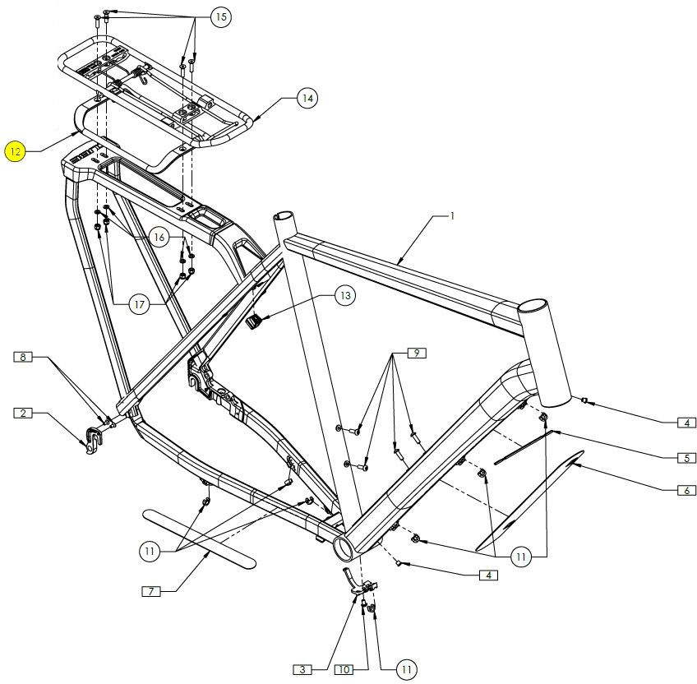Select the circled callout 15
[220, 16]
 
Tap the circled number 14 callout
[307, 99]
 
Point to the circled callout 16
[159, 237]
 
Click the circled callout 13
[344, 296]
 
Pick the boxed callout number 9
[417, 353]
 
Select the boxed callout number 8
[24, 357]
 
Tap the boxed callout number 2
[24, 413]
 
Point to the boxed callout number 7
[150, 591]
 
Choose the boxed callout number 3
[302, 670]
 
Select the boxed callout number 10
[344, 670]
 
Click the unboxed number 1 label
[451, 215]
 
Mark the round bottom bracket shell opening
[345, 545]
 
